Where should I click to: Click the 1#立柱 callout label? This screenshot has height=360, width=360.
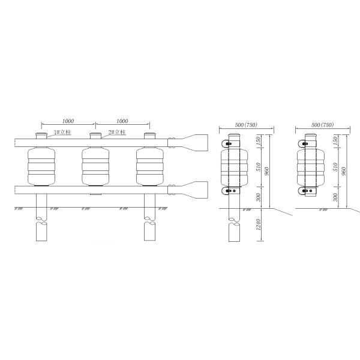click(x=62, y=132)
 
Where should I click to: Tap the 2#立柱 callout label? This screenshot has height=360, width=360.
click(x=117, y=132)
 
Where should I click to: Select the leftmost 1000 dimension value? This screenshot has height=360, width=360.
click(x=68, y=121)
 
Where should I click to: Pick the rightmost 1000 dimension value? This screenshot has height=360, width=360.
click(x=122, y=121)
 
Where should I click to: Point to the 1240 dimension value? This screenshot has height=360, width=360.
click(x=258, y=224)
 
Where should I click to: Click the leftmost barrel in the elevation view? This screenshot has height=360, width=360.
click(x=41, y=166)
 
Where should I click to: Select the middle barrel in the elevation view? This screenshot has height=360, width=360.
click(x=95, y=166)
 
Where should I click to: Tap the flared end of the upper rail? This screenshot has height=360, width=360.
click(x=195, y=143)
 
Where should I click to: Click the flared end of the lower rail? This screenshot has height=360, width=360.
click(x=195, y=190)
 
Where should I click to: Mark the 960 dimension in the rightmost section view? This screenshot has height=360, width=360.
click(x=343, y=171)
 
